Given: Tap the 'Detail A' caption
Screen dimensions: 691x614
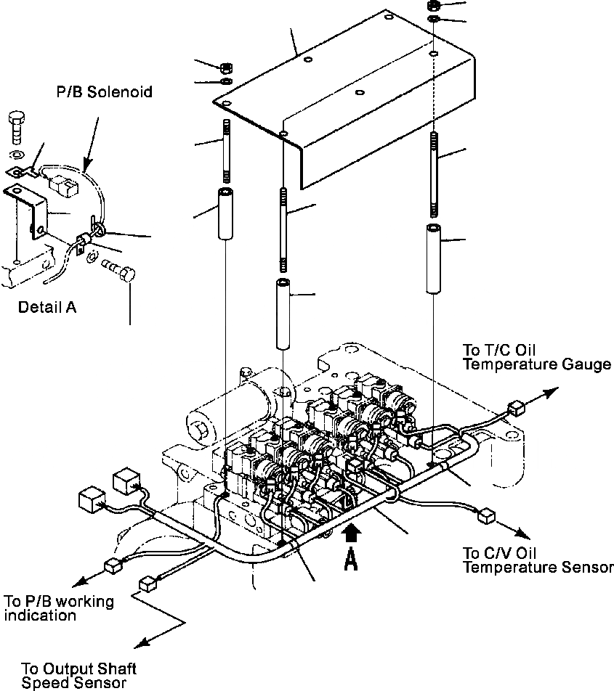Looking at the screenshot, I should pos(47,307).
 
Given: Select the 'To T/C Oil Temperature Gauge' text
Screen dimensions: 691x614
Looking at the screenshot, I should pos(536,357).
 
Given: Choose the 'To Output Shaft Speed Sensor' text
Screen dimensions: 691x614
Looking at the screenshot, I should pos(78,675).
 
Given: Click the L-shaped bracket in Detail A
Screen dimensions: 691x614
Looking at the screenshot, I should pos(29,210).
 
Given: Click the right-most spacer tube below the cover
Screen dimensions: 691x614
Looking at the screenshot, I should pos(434,258).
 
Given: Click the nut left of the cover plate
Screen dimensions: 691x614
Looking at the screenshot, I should pos(225,68).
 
